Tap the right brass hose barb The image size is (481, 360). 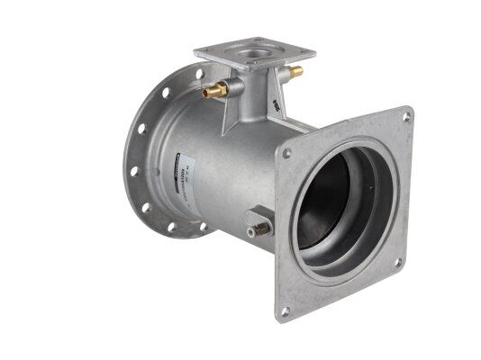[x=293, y=69]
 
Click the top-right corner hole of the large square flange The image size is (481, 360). [x=406, y=116]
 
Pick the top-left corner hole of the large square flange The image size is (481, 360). [x=287, y=153]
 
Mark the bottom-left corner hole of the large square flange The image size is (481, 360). [x=285, y=310]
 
